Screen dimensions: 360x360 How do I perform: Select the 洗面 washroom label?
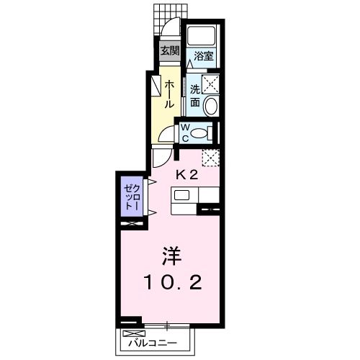(194, 94)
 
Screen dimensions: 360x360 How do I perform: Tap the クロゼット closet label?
(130, 194)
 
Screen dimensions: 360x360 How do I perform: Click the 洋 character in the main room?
(170, 256)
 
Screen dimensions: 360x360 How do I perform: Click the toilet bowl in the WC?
(202, 132)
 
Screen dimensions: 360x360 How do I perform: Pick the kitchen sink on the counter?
(181, 195)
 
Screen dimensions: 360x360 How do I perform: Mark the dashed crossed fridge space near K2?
(210, 157)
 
